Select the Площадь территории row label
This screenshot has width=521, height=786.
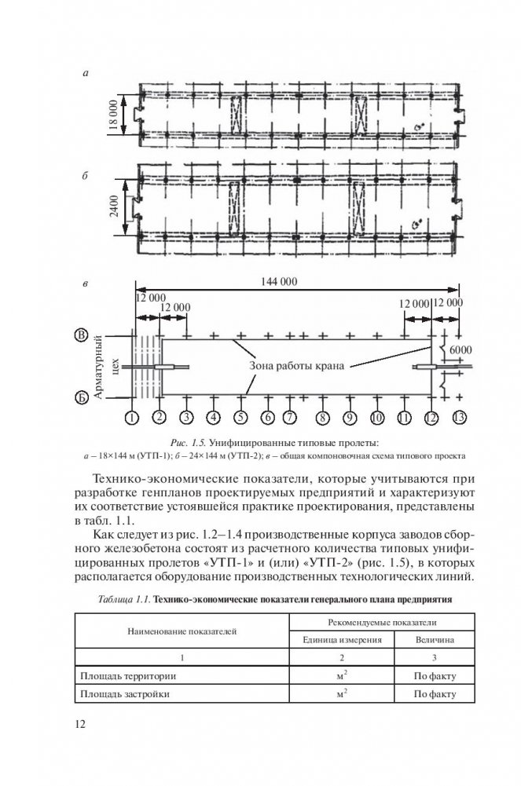point(129,674)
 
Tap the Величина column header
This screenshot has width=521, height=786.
point(435,639)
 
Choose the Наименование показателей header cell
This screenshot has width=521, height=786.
point(182,630)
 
